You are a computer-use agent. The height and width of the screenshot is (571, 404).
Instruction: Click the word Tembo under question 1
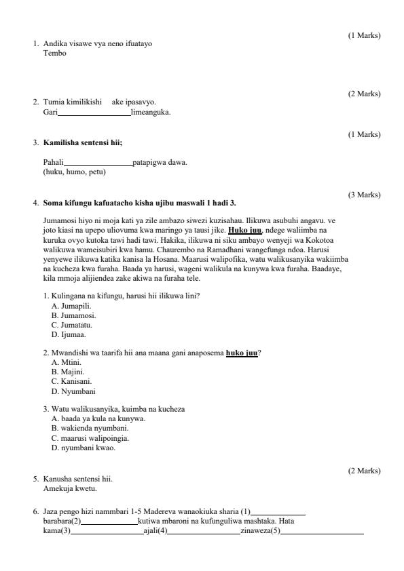(55, 54)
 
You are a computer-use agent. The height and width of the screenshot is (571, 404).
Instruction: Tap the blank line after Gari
(94, 113)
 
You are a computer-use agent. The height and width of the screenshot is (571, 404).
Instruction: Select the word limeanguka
(151, 112)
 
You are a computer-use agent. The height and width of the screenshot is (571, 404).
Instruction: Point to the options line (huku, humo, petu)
(75, 172)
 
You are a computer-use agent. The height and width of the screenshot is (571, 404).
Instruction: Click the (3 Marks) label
(365, 195)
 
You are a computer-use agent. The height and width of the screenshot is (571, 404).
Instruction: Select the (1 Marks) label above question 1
(365, 35)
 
